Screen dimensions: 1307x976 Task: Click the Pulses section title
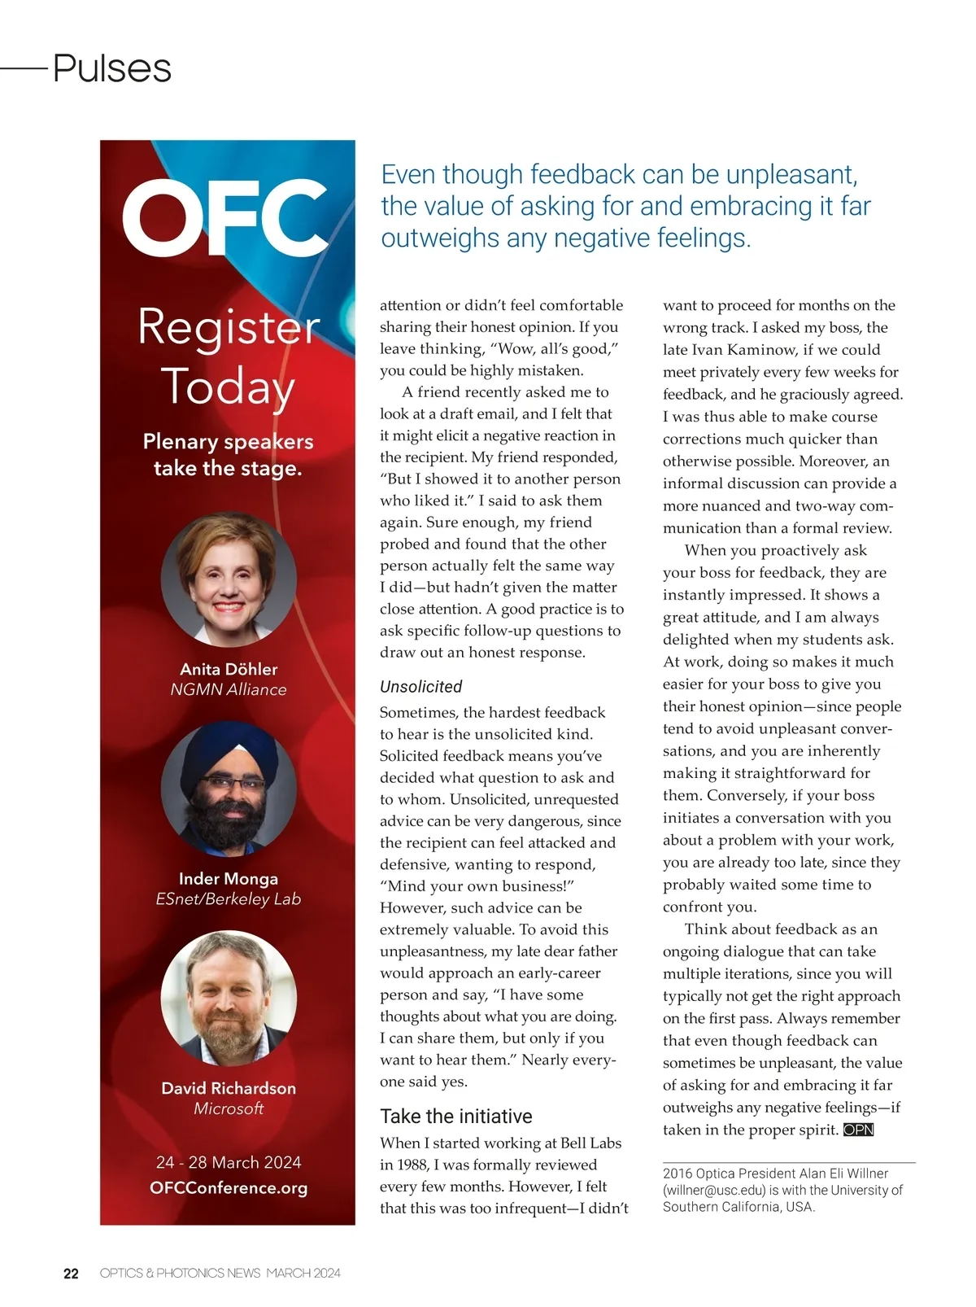112,68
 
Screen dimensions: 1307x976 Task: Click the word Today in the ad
228,387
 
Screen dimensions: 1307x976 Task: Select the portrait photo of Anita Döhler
229,579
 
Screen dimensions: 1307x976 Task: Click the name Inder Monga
229,879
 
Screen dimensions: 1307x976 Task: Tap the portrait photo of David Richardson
229,999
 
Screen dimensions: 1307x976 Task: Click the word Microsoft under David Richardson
229,1108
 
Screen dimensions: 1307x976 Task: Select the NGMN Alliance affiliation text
229,690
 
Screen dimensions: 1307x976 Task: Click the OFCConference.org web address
229,1188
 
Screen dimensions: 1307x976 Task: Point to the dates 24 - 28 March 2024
229,1162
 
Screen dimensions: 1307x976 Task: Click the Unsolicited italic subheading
420,687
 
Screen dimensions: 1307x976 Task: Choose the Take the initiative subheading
456,1117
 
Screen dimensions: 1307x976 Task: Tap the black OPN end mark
858,1130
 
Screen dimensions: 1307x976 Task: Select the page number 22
72,1274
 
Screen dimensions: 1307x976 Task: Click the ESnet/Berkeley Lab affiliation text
229,899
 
